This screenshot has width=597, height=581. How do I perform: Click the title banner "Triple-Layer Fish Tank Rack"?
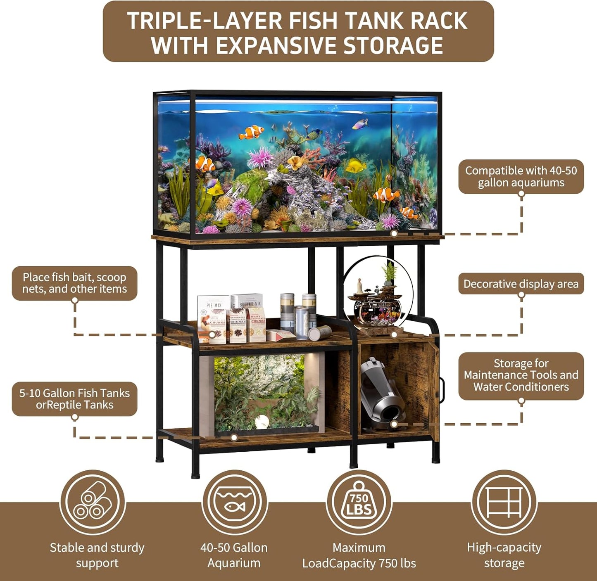point(298,32)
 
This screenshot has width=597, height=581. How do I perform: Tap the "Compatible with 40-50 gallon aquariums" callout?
point(521,177)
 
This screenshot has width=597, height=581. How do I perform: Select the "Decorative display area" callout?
point(521,284)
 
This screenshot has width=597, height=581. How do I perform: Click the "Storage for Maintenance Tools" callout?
point(521,375)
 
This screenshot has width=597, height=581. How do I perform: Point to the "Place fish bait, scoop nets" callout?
point(74,283)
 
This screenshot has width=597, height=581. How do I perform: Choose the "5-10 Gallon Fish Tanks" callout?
point(74,399)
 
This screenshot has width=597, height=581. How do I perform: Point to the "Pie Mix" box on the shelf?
point(213,318)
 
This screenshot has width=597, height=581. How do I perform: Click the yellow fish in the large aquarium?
point(355,166)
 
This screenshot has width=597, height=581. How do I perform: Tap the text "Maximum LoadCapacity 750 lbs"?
point(359,555)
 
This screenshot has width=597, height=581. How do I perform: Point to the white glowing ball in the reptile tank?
point(262,422)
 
